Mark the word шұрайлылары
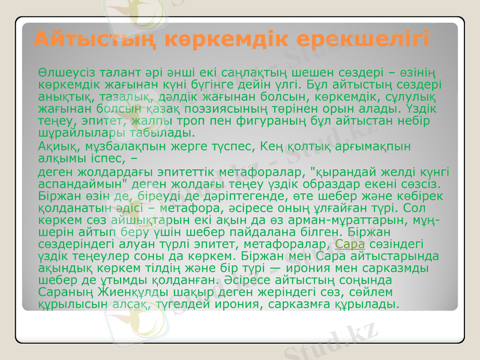(x=73, y=133)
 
